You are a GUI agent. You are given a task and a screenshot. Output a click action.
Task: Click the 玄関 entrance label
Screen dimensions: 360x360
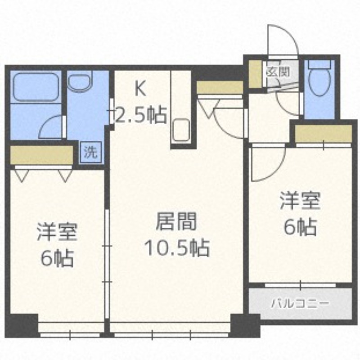pos(277,71)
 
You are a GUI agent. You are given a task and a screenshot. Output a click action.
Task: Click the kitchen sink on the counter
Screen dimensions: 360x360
pos(181,128)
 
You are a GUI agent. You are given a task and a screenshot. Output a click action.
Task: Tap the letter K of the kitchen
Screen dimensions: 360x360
pos(140,89)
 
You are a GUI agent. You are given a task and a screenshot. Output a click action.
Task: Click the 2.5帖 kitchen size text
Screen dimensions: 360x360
pos(140,116)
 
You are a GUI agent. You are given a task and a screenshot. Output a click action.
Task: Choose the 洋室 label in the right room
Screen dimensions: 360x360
pos(300,201)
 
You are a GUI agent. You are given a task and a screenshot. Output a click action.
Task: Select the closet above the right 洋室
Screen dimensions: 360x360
pos(323,133)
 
